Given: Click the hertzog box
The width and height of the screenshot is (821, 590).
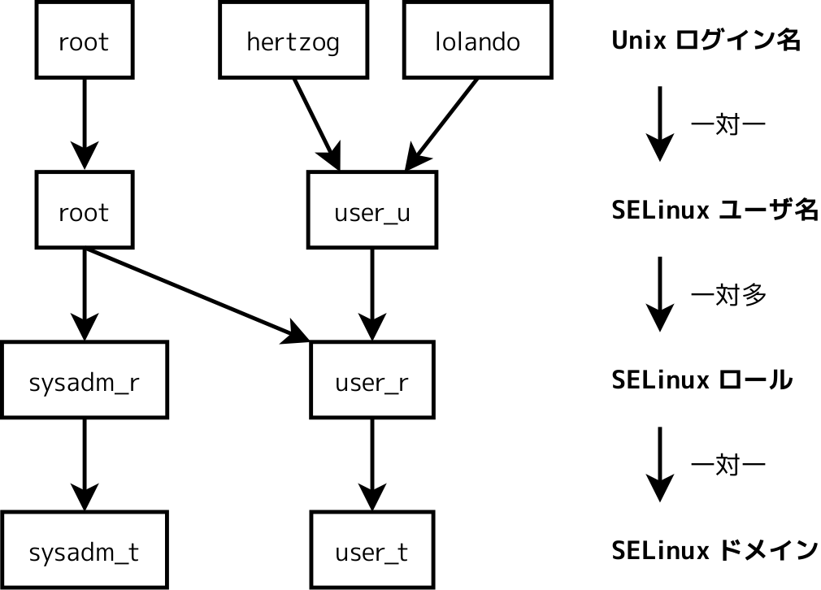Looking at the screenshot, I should point(293,41).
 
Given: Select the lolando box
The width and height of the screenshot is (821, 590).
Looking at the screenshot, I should point(477,41).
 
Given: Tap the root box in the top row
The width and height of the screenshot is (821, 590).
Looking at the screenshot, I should point(84,41).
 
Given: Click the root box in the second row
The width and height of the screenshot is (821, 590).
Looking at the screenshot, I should point(84,212).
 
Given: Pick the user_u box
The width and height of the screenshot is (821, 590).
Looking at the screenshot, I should point(372,212).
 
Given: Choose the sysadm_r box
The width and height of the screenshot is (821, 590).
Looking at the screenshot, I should point(84,383).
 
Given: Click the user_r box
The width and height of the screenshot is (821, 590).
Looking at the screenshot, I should point(372,383).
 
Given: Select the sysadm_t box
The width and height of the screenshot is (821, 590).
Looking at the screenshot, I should point(84,553).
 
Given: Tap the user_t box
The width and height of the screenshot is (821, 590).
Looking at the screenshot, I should point(372,553).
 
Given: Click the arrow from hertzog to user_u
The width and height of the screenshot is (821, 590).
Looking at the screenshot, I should point(316,122).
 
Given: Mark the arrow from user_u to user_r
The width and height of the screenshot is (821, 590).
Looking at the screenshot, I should point(372,293).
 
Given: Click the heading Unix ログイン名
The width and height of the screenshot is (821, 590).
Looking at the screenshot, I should point(706,41).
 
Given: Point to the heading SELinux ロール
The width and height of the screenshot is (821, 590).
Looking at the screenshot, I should point(702,380).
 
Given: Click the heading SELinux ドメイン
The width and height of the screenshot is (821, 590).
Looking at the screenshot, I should point(714,550).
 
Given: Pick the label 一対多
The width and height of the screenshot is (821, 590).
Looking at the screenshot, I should point(728,294).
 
